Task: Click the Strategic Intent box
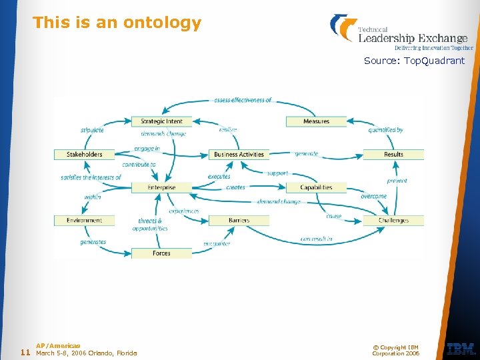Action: [161, 121]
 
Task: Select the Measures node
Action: [316, 121]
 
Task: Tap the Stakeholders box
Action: [85, 155]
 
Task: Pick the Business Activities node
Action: [239, 155]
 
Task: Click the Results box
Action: [393, 155]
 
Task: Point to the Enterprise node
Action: [161, 187]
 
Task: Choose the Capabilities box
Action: [316, 187]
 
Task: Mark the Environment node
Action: [85, 221]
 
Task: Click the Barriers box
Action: [239, 221]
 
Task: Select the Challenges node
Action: [393, 221]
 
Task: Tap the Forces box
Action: [161, 253]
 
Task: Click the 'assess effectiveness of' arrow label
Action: [243, 100]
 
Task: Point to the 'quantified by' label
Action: [386, 130]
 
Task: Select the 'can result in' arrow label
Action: [316, 239]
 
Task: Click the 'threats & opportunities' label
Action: [150, 225]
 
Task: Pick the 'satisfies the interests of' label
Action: [91, 177]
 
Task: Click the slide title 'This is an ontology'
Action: [117, 23]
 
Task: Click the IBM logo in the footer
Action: [461, 349]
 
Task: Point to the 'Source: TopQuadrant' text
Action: [414, 61]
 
